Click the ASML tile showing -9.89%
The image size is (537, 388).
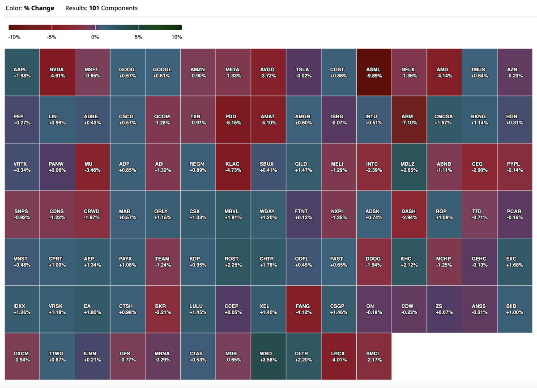click(x=374, y=72)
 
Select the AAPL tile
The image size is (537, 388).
click(x=21, y=72)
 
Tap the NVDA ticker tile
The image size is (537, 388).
click(x=57, y=72)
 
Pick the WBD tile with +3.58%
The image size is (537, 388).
click(x=268, y=356)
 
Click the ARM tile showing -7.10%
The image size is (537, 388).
click(x=409, y=119)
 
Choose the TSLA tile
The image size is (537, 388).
click(x=303, y=72)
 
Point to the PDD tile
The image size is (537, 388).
click(x=233, y=119)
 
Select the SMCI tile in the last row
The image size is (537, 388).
click(x=374, y=356)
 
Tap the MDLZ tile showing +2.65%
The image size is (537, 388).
click(x=409, y=167)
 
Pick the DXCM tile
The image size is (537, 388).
click(x=21, y=356)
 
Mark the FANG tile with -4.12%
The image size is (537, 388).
click(x=303, y=309)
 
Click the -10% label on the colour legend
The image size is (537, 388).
click(x=14, y=37)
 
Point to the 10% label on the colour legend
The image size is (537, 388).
click(x=177, y=37)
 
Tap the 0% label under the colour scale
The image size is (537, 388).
click(x=95, y=37)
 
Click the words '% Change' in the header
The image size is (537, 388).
click(x=39, y=8)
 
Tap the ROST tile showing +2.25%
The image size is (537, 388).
click(x=233, y=261)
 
